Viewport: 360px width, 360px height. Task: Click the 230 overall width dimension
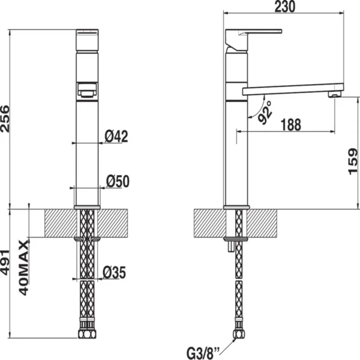(x=285, y=7)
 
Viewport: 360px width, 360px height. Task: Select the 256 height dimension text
(x=5, y=119)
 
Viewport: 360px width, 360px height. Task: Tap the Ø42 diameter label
(x=116, y=136)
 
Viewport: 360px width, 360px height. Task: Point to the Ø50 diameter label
(x=118, y=181)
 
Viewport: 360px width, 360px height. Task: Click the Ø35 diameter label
(x=115, y=272)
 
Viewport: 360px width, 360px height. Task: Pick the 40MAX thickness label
(x=23, y=268)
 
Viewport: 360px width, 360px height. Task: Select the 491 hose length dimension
(x=5, y=262)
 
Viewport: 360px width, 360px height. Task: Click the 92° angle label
(x=265, y=113)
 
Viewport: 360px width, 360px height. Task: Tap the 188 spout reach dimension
(x=291, y=125)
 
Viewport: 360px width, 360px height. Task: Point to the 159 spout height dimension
(x=353, y=161)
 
